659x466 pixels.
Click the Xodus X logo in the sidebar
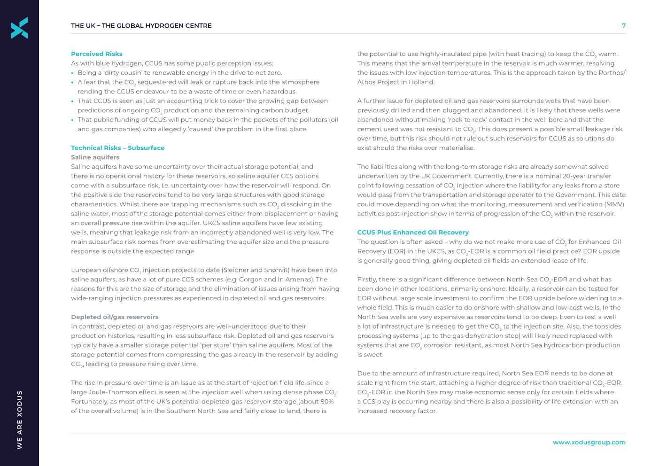pyautogui.click(x=19, y=28)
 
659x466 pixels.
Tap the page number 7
pyautogui.click(x=623, y=26)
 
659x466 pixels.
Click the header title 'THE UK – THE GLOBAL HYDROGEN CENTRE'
pyautogui.click(x=141, y=26)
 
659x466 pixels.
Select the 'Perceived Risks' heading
pyautogui.click(x=96, y=54)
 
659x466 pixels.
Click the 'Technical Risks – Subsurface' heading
pyautogui.click(x=117, y=148)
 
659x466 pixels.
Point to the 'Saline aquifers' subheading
pyautogui.click(x=95, y=157)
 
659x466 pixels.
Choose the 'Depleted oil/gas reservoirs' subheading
pyautogui.click(x=115, y=317)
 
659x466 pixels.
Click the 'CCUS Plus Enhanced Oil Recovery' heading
pyautogui.click(x=412, y=233)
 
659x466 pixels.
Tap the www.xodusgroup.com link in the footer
pyautogui.click(x=589, y=442)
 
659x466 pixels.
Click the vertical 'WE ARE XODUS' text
pyautogui.click(x=19, y=419)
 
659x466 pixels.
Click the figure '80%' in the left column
pyautogui.click(x=327, y=402)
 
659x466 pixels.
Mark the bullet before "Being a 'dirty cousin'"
pyautogui.click(x=73, y=73)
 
